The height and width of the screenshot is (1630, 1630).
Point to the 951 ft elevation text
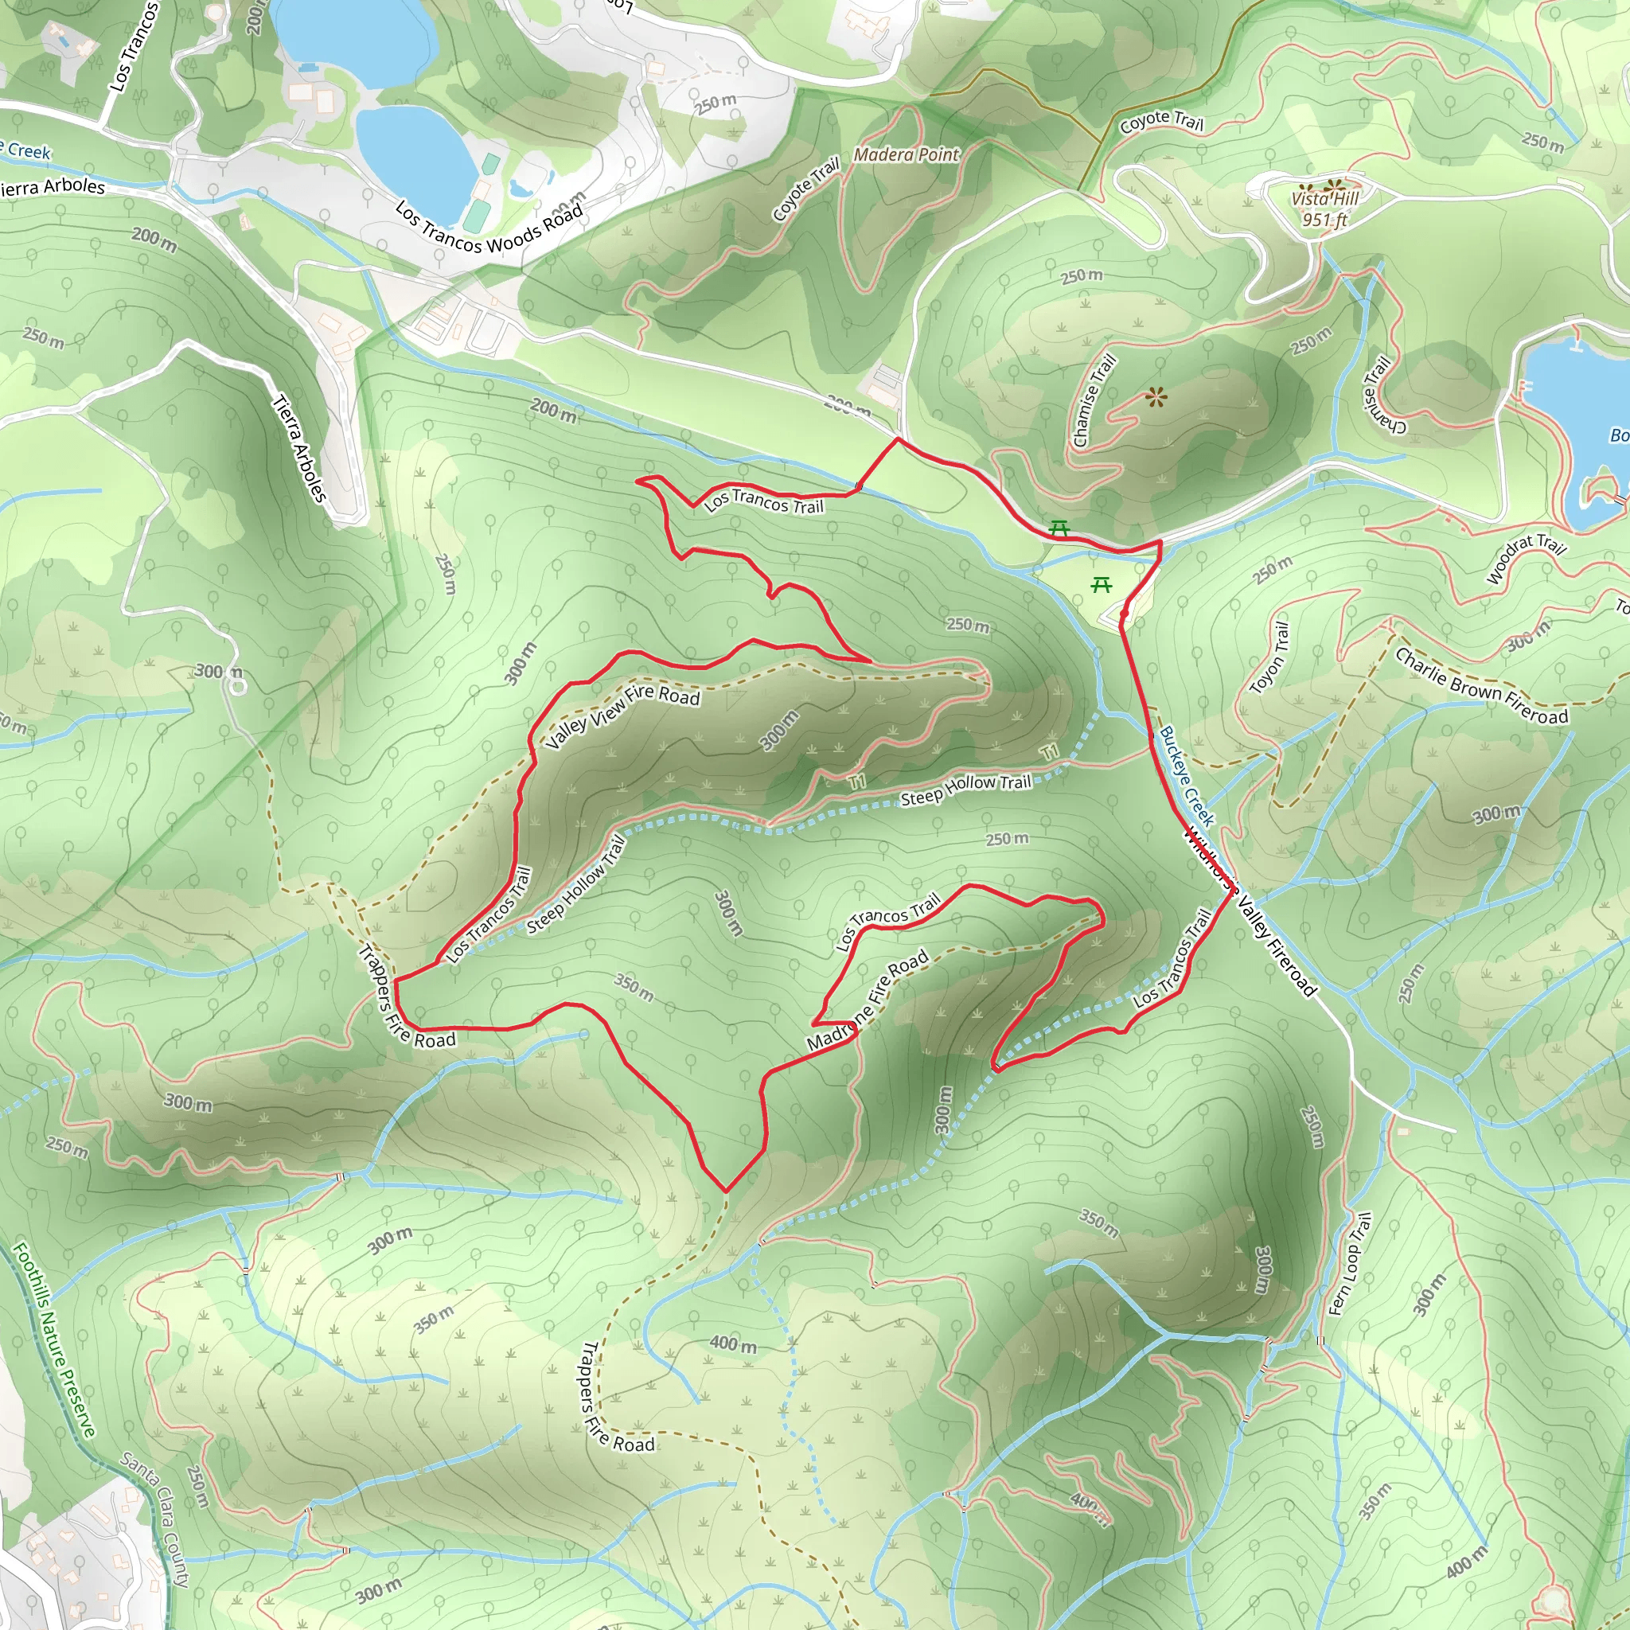click(x=1324, y=220)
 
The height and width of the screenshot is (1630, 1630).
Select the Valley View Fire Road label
click(x=622, y=716)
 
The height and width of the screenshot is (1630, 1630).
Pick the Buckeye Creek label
click(x=1186, y=775)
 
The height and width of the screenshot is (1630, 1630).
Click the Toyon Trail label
click(x=1269, y=658)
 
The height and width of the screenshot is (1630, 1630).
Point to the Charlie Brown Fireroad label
click(x=1481, y=686)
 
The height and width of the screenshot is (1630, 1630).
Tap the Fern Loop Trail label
click(x=1350, y=1263)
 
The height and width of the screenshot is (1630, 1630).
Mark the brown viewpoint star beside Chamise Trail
click(x=1156, y=397)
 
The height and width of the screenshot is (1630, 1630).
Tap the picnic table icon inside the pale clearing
click(x=1101, y=585)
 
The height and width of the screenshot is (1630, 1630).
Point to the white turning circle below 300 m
click(x=238, y=687)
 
